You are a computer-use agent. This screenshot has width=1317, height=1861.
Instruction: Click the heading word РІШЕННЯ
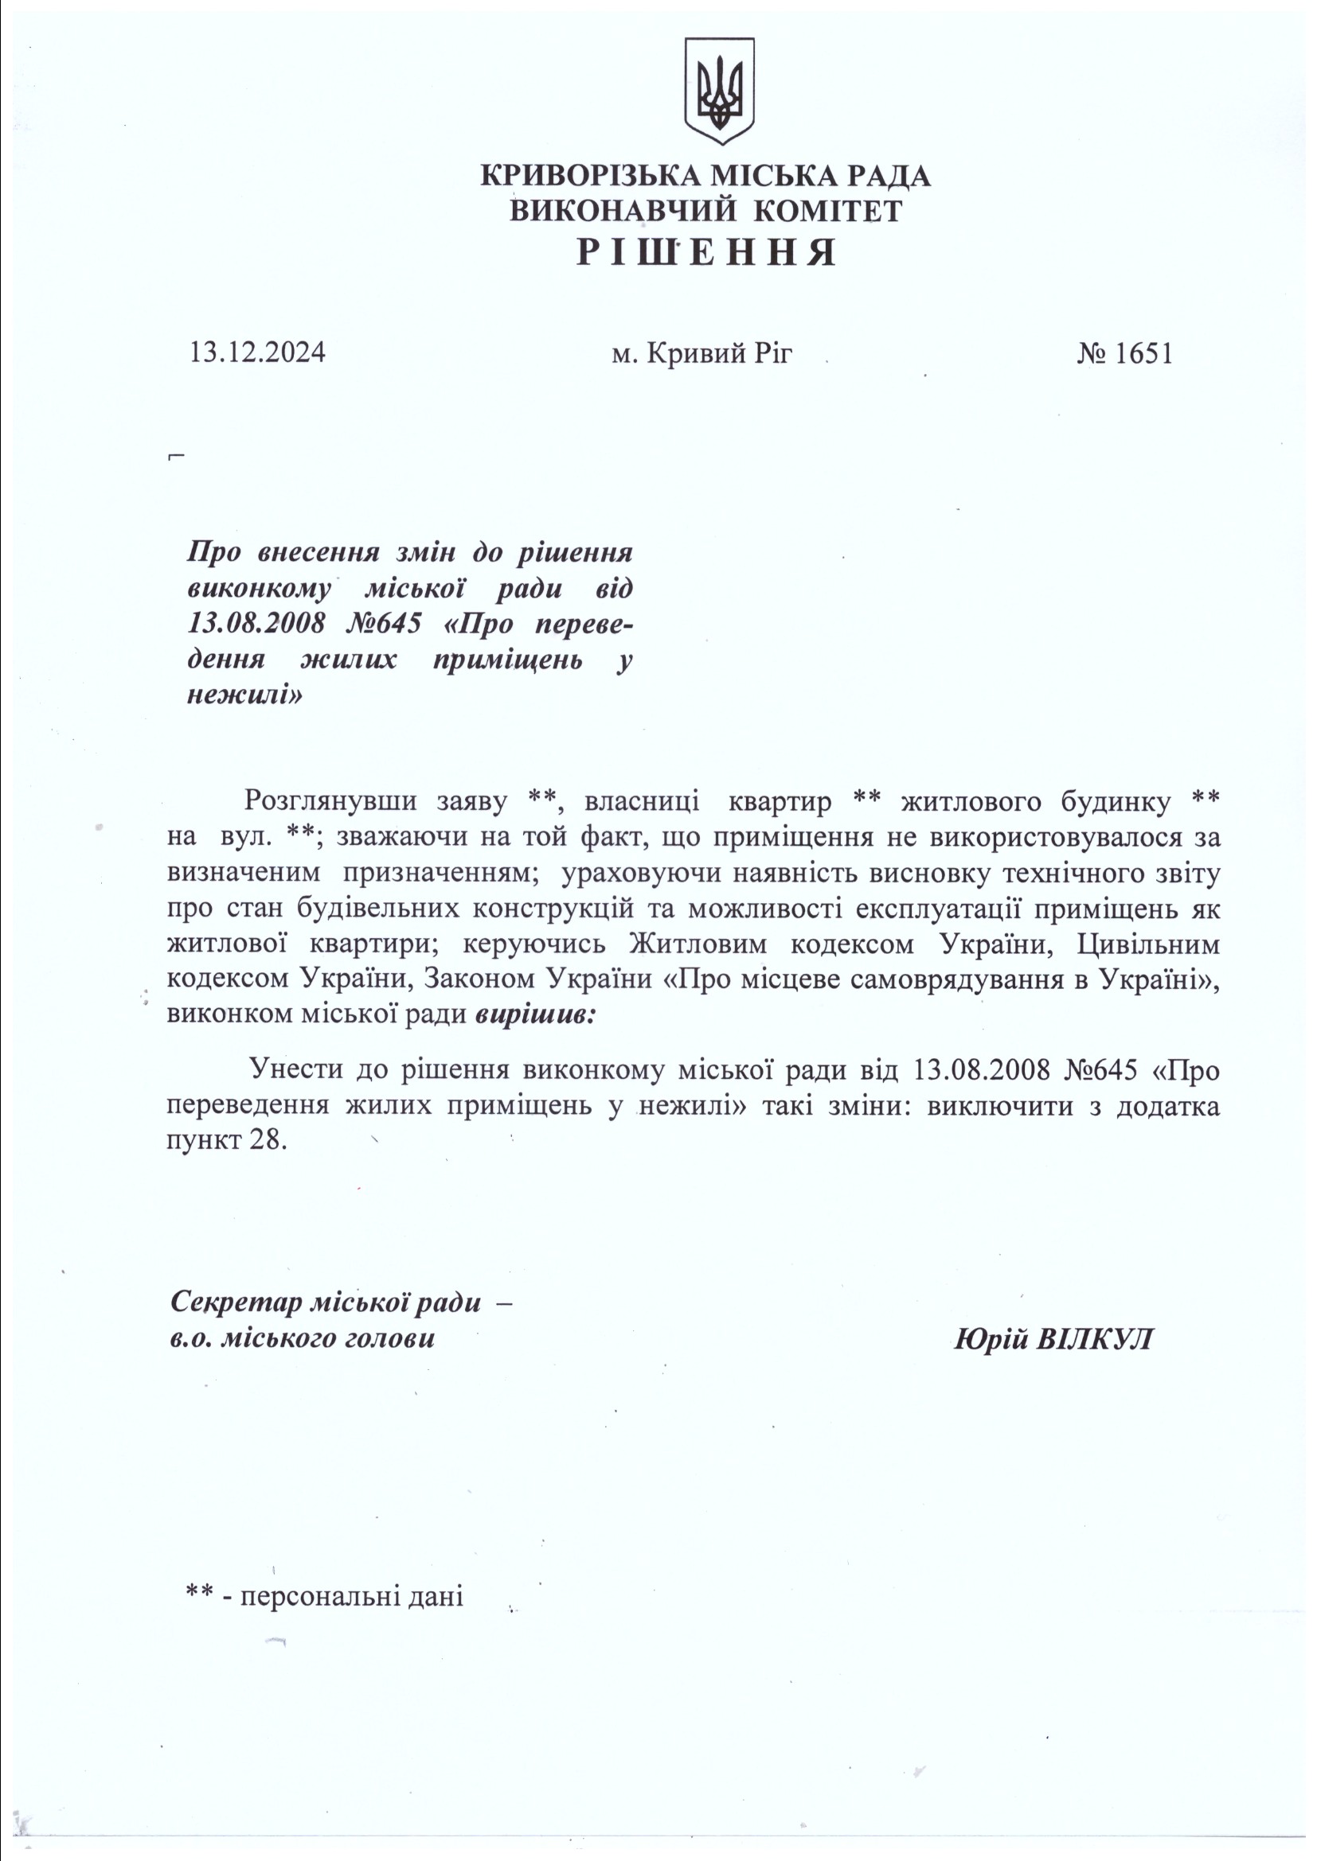(705, 253)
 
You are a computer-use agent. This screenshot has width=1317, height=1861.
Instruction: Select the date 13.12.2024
(258, 353)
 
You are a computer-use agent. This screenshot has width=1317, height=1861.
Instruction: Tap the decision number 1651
(1143, 353)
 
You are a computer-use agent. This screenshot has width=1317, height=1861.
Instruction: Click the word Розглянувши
(331, 802)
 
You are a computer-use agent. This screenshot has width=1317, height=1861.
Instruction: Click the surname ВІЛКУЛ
(1095, 1339)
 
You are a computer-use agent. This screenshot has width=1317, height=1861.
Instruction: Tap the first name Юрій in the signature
(992, 1339)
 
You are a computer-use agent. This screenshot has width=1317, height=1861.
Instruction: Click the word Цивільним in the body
(1147, 944)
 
